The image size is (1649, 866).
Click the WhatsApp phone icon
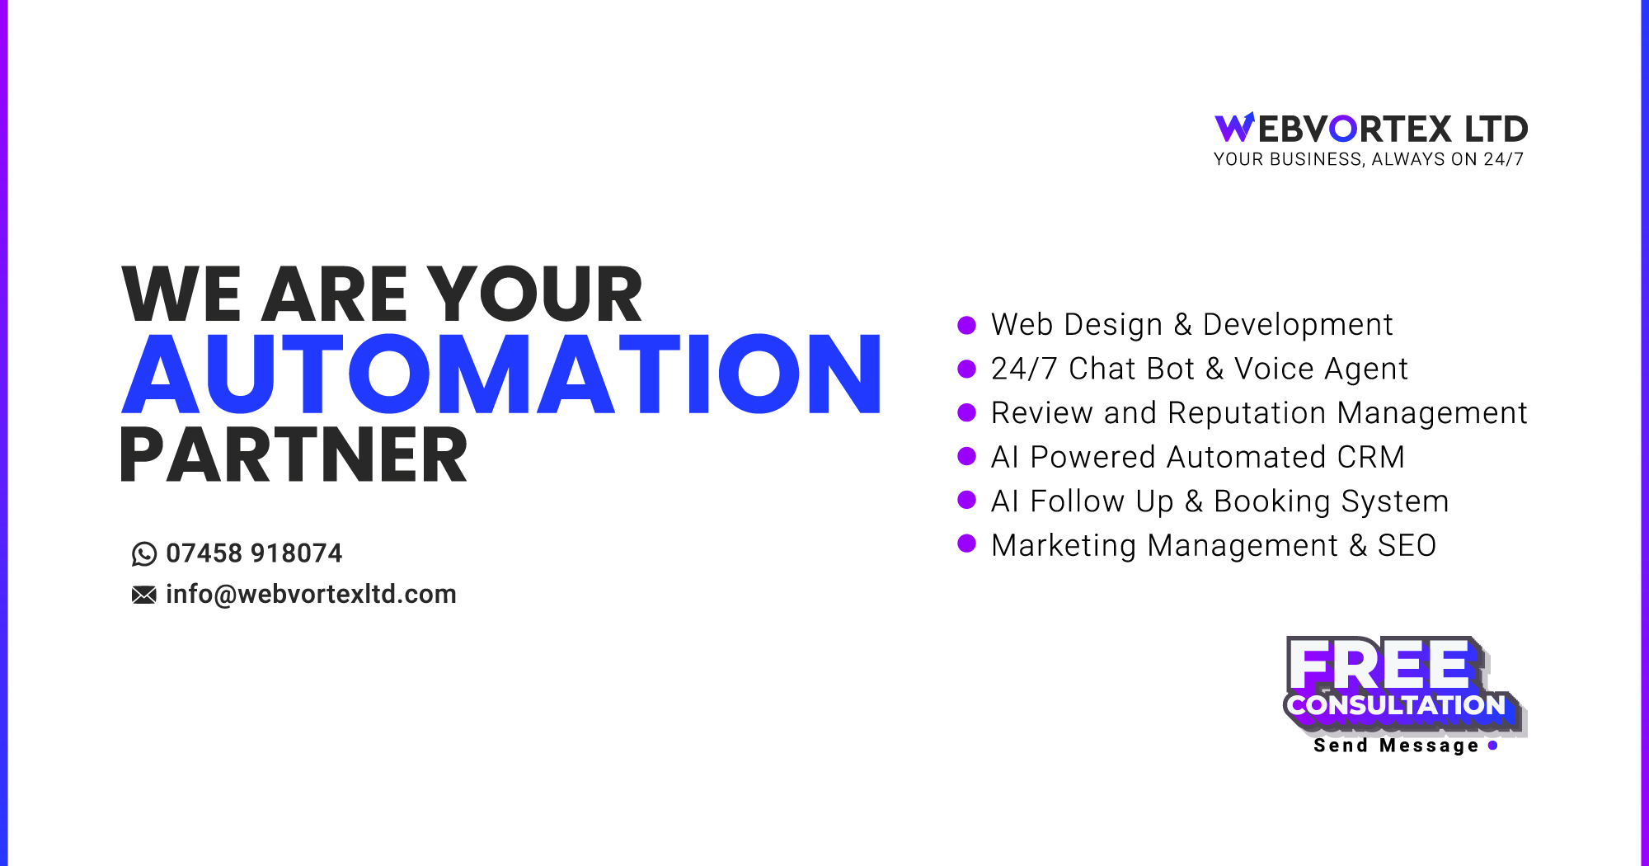143,553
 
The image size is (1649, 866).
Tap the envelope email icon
143,595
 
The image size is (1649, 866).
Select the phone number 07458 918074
254,553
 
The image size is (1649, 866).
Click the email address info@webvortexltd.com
311,595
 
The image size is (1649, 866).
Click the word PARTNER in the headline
294,455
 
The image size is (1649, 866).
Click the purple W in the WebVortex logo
1234,128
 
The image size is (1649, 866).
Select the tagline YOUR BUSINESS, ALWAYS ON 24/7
1369,159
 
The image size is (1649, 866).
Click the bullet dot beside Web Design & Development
966,325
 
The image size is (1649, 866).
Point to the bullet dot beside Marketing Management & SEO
966,544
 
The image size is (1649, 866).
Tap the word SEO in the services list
1407,545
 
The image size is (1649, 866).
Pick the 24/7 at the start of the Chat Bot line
1024,369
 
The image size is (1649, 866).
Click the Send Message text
1396,746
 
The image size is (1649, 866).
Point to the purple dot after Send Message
1492,746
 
